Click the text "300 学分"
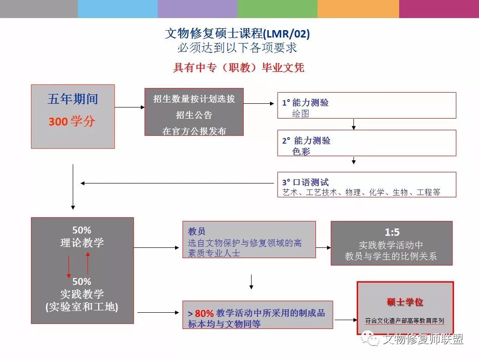(72, 121)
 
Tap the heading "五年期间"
(73, 99)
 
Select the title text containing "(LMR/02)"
(237, 33)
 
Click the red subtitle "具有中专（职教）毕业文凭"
(239, 67)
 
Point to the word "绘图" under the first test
(301, 114)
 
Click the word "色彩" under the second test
(301, 151)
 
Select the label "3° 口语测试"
(305, 183)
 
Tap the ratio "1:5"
(392, 232)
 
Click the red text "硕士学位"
(405, 302)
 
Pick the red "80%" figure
(204, 313)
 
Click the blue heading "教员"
(196, 231)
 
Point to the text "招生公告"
(194, 115)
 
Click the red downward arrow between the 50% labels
(69, 267)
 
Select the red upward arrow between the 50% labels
(88, 263)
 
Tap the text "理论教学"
(82, 243)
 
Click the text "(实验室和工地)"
(82, 307)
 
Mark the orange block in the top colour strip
(359, 9)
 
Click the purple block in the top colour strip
(198, 9)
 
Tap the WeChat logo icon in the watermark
(370, 339)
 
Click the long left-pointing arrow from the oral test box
(177, 183)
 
